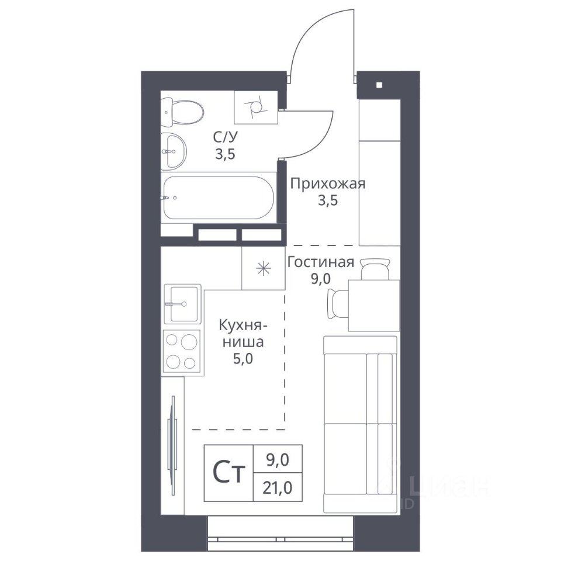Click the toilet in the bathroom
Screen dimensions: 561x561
(182, 112)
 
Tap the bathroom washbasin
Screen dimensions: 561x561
(174, 151)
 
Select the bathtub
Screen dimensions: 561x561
(219, 198)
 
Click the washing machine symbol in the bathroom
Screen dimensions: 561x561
(256, 108)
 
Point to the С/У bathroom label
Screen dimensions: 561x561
(226, 137)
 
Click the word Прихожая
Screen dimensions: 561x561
(328, 184)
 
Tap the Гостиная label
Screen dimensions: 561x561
(321, 262)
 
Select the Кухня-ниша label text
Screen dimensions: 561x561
(243, 334)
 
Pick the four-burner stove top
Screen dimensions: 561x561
(181, 351)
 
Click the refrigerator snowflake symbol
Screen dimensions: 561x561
(264, 268)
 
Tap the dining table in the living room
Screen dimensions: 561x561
(374, 305)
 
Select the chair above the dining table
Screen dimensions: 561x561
(375, 269)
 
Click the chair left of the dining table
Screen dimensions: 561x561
(338, 304)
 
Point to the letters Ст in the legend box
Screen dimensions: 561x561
(229, 473)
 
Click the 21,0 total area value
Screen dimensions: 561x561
(278, 487)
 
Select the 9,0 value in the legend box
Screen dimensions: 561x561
(278, 460)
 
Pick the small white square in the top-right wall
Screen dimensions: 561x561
(379, 85)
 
